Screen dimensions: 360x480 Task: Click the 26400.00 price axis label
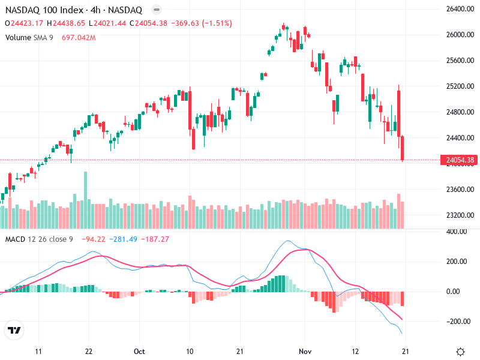pos(460,9)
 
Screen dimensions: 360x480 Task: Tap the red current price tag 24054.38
pos(460,160)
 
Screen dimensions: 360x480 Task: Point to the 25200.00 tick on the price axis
pos(460,86)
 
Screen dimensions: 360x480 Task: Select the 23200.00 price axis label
pos(460,215)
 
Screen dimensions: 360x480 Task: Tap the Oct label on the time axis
pos(140,351)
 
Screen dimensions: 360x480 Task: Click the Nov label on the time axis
pos(306,351)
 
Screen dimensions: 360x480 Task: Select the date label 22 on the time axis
pos(88,351)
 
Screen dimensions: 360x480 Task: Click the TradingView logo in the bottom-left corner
pos(14,331)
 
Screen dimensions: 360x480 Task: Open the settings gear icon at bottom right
pos(460,352)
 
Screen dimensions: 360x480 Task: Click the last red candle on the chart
pos(403,148)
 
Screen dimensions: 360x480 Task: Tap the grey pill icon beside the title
pos(156,10)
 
